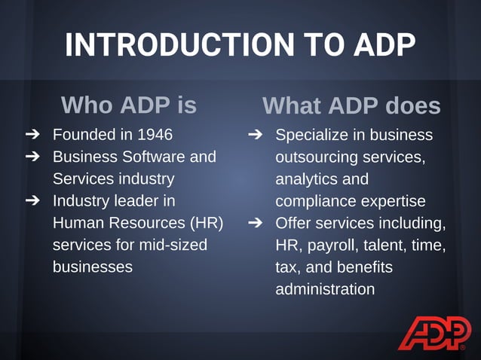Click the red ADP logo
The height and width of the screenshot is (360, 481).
tap(434, 334)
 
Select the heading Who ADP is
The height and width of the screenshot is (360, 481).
tap(128, 105)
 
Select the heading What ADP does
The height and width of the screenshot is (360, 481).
tap(351, 105)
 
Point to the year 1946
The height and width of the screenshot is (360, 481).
tap(155, 135)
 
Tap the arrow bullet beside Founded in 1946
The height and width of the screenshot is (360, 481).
tap(32, 135)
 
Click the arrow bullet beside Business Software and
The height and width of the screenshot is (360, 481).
tap(32, 157)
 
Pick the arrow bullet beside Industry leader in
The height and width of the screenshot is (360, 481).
tap(32, 201)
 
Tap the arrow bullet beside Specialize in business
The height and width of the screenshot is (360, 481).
tap(255, 135)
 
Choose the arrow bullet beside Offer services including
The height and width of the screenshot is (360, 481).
tap(255, 223)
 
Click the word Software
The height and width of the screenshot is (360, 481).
tap(152, 157)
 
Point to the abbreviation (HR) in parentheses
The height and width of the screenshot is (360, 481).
tap(206, 223)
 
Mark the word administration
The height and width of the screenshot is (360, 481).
tap(325, 288)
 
